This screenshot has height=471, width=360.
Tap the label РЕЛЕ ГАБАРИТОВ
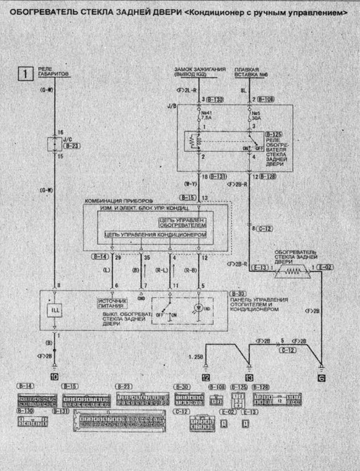[53, 71]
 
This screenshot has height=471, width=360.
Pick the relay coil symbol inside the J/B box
[193, 142]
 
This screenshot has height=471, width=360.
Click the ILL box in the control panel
[55, 310]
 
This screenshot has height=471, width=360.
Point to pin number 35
[146, 258]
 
